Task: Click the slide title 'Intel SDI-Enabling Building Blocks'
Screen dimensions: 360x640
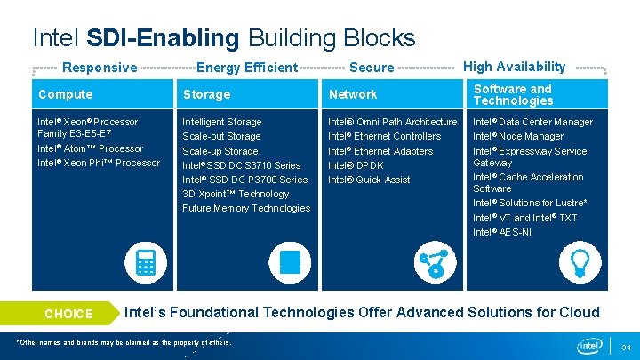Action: [223, 38]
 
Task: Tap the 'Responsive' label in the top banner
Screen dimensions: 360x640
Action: [100, 68]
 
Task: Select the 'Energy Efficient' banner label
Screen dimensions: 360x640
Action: [246, 68]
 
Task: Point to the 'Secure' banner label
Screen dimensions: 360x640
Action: [372, 68]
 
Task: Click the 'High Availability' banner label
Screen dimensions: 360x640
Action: [515, 67]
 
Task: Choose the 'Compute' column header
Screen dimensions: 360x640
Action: [65, 94]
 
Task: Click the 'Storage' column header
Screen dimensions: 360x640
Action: [206, 94]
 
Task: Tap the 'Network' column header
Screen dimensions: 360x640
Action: [353, 94]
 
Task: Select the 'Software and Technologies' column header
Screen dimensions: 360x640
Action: [513, 94]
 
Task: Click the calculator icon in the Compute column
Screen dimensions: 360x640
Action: [146, 263]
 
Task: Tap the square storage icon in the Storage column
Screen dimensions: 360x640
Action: [290, 263]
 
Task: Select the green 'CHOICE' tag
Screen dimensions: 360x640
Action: [68, 314]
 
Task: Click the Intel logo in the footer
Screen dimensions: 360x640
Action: [590, 346]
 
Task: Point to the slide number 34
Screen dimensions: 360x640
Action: [625, 347]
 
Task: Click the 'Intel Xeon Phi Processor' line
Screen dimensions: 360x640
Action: [99, 163]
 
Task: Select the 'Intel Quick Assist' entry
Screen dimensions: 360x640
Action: [369, 180]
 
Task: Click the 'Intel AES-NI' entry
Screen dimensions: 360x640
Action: [502, 232]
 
